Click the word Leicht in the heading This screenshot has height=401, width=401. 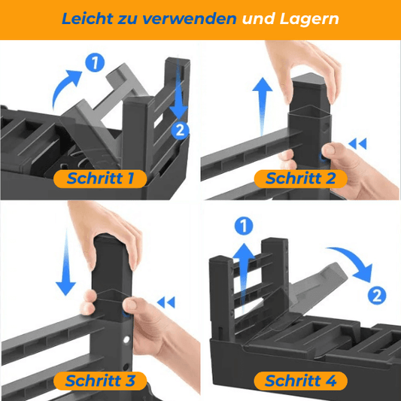click(87, 19)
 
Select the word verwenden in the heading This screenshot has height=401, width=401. click(189, 19)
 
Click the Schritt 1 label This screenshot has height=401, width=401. click(100, 178)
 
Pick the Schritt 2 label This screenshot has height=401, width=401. click(300, 178)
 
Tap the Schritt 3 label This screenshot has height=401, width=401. click(100, 381)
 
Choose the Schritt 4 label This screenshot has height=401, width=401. click(300, 381)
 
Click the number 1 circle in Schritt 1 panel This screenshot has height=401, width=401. click(95, 62)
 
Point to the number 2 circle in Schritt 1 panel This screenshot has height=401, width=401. click(180, 130)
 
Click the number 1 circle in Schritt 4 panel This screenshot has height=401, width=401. click(244, 226)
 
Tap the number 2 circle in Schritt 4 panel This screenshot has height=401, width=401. click(377, 296)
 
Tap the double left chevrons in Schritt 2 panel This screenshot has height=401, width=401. click(357, 144)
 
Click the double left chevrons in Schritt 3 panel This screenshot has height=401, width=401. click(166, 302)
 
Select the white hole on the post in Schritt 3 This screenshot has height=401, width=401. click(126, 339)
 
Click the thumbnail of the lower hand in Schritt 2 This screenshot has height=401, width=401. click(330, 149)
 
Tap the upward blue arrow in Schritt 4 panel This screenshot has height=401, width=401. click(244, 276)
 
